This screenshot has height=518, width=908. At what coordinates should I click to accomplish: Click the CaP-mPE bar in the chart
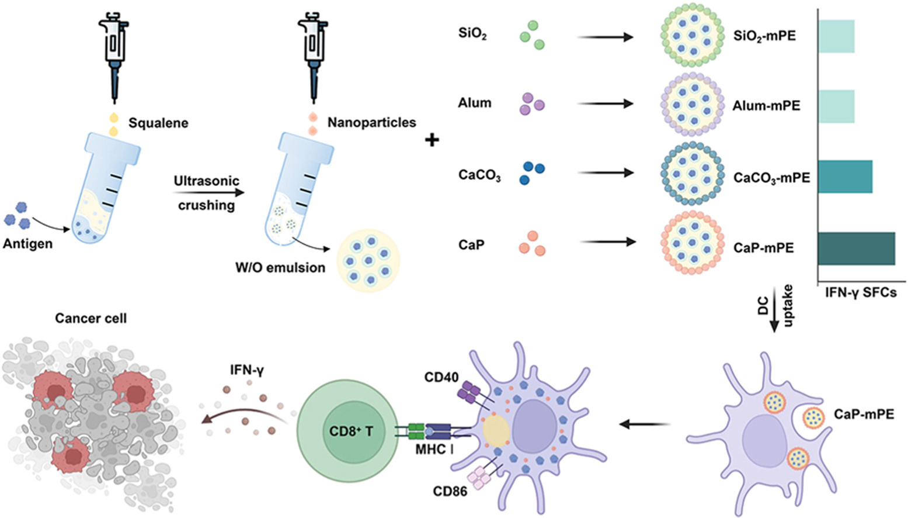[x=856, y=248]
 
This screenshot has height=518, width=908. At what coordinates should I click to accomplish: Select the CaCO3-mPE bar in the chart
[x=845, y=177]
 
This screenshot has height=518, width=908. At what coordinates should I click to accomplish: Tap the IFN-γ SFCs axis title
[x=861, y=292]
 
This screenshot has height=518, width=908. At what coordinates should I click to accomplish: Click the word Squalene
[x=158, y=123]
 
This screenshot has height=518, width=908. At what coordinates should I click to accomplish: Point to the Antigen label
[x=27, y=243]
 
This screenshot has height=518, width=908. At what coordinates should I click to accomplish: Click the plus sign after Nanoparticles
[x=432, y=140]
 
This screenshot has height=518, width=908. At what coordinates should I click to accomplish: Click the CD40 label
[x=441, y=377]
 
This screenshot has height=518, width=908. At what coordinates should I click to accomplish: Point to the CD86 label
[x=450, y=491]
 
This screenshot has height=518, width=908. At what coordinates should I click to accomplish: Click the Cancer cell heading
[x=91, y=319]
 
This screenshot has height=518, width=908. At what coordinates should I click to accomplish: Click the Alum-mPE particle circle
[x=692, y=105]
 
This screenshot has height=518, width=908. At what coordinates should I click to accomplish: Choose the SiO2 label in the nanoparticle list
[x=472, y=34]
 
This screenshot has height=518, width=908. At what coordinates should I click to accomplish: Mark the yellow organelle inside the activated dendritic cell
[x=496, y=431]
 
